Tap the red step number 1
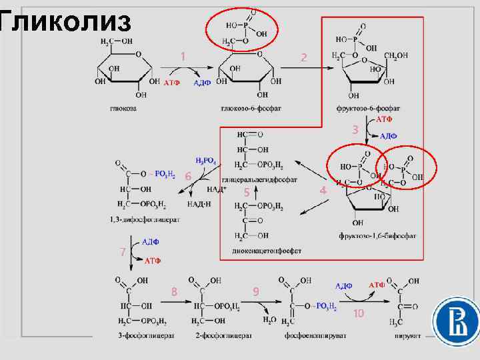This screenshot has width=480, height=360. tap(182, 57)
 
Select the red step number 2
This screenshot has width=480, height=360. tap(304, 58)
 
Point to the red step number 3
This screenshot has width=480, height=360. tap(355, 129)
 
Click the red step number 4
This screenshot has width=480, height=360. tap(323, 191)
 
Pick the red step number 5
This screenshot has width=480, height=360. tap(246, 192)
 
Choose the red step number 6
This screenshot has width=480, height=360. tap(189, 175)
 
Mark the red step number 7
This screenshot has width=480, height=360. tap(122, 252)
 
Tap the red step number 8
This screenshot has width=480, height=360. tap(174, 291)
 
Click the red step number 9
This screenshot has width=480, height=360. tap(256, 291)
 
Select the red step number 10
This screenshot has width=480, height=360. tap(359, 313)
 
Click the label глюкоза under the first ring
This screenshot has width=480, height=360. tap(123, 108)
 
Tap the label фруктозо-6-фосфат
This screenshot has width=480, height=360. tap(369, 108)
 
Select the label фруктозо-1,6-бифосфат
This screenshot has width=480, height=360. tap(377, 235)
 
